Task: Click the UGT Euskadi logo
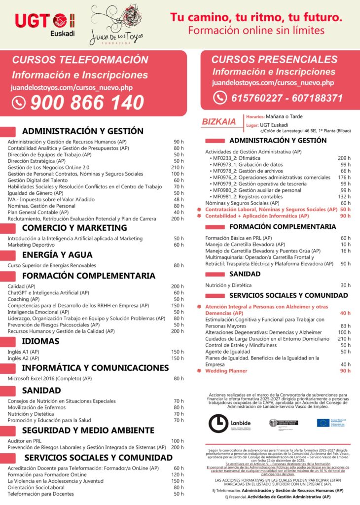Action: (x=44, y=23)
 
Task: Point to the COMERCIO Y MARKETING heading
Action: (x=74, y=228)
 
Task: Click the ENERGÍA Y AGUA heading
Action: (x=57, y=255)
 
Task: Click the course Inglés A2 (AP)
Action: (x=23, y=358)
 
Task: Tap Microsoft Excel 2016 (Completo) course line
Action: (x=50, y=379)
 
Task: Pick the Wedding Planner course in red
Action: (x=226, y=371)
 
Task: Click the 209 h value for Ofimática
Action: (x=344, y=158)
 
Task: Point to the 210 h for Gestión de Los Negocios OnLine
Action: (x=177, y=167)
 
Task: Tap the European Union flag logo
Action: (x=323, y=423)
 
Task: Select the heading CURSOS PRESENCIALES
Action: (x=274, y=60)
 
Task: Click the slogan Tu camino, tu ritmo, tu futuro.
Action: (x=256, y=17)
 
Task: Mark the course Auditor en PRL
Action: (x=24, y=441)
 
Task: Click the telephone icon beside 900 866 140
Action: (x=19, y=103)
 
